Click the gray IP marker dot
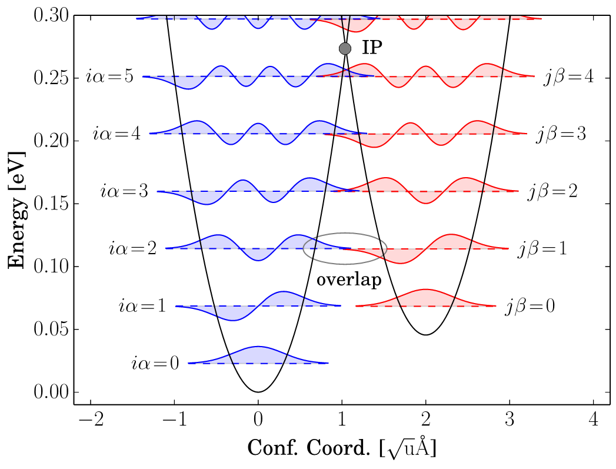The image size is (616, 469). click(x=345, y=49)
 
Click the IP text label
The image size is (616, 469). click(x=372, y=48)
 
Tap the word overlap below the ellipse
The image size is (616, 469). click(x=349, y=280)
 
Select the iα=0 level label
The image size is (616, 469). click(x=155, y=364)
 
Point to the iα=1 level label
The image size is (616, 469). click(x=143, y=306)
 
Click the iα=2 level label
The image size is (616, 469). click(x=133, y=249)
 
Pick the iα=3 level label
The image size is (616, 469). click(x=125, y=192)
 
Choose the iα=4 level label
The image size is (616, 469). click(x=117, y=134)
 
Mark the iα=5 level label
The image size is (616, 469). click(x=110, y=76)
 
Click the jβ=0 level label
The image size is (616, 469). click(x=530, y=307)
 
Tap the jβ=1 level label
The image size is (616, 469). click(x=542, y=250)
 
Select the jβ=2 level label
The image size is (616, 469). click(x=552, y=192)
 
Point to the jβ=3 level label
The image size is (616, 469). click(x=561, y=135)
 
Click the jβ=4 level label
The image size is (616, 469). click(x=568, y=77)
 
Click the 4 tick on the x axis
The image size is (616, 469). click(x=594, y=420)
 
